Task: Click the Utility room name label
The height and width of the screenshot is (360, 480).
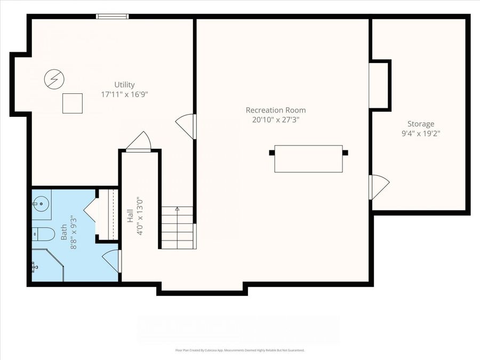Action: click(x=124, y=84)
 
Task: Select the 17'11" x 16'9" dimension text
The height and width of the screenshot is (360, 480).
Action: click(x=124, y=94)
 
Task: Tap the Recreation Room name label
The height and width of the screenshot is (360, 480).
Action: click(x=275, y=110)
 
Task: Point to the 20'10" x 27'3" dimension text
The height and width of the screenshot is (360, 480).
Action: click(x=275, y=120)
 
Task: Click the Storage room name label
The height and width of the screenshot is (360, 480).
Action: click(x=421, y=124)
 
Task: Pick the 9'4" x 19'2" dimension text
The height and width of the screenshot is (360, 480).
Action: click(x=421, y=133)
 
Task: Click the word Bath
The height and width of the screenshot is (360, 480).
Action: click(x=64, y=233)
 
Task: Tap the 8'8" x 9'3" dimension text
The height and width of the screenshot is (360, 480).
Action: click(x=74, y=233)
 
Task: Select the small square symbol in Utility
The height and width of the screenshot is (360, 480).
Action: click(x=73, y=103)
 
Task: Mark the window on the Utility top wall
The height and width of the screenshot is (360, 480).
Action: click(x=112, y=17)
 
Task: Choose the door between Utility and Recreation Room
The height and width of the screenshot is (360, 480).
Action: click(x=187, y=126)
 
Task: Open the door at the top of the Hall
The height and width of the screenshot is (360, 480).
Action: click(x=139, y=143)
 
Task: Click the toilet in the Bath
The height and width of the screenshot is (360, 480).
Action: click(x=43, y=234)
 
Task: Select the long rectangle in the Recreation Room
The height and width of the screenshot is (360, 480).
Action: click(x=308, y=158)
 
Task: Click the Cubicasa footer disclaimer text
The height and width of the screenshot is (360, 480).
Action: click(x=240, y=350)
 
